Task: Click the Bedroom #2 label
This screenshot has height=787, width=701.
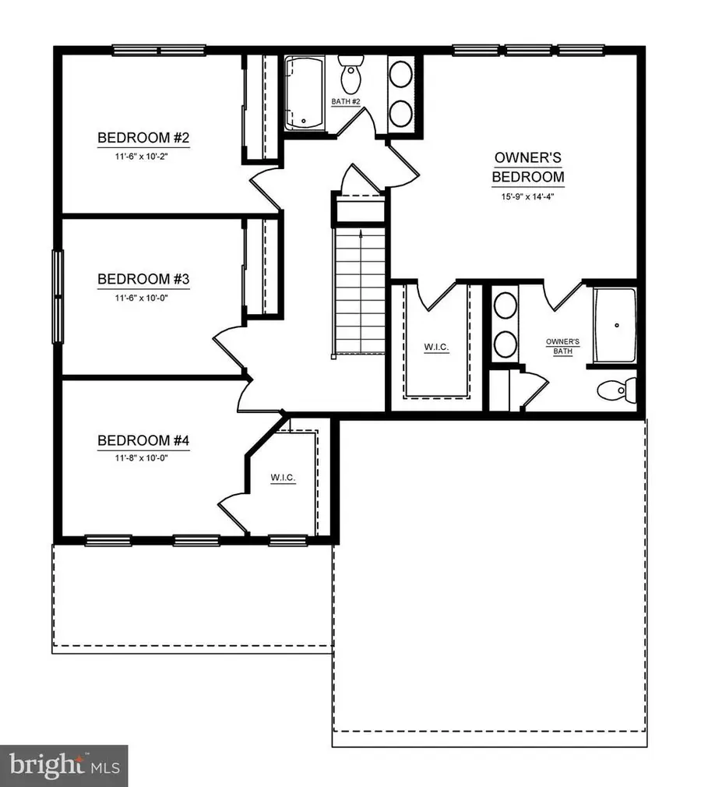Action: (143, 139)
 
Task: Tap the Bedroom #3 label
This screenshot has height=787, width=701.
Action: (143, 279)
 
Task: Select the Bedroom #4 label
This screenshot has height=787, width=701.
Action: (143, 441)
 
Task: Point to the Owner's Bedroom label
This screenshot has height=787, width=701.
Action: (528, 167)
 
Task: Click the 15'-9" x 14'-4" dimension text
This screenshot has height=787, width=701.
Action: (528, 197)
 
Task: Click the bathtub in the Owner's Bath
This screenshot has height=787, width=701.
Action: (615, 325)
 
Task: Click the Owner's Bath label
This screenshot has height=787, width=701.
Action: (562, 346)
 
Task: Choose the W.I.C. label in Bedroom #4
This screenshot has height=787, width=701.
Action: (283, 478)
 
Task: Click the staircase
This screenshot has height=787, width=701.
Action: (360, 288)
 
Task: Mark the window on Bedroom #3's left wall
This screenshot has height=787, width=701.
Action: (57, 296)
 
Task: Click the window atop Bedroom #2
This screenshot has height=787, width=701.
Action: (160, 51)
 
